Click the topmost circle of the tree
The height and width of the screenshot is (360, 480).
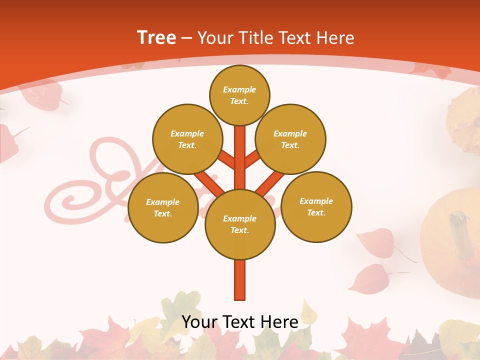pos(239,95)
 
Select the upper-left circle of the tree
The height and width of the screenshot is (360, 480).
pos(187,139)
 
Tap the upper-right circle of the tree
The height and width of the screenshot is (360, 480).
pos(290,139)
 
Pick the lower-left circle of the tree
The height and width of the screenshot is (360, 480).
pos(163,207)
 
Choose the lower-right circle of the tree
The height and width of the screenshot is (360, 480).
pos(316,206)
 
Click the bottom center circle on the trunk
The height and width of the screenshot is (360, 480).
pos(240,224)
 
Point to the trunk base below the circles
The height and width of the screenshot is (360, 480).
pos(240,280)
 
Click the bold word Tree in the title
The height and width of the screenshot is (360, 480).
pos(156,37)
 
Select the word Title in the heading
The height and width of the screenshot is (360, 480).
pos(257,38)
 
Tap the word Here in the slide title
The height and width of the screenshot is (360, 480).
pos(335,38)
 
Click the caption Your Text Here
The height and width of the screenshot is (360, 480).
pos(240,322)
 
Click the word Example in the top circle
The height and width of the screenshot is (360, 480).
pos(239,89)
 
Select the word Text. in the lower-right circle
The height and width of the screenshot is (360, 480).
pos(316,212)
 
